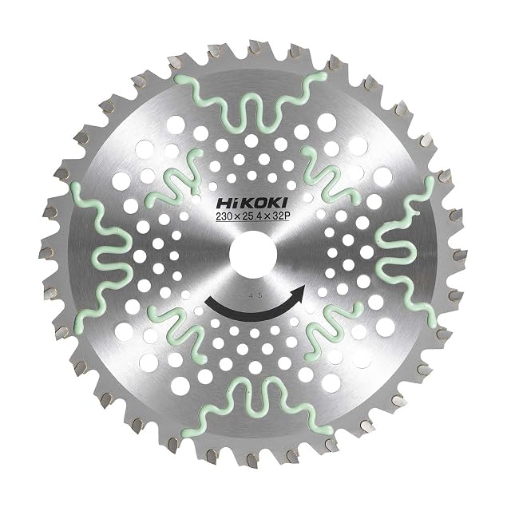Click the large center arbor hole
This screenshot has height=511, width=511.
pyautogui.click(x=253, y=254)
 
